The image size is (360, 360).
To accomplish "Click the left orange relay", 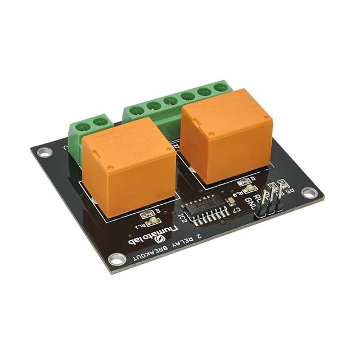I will (128, 167).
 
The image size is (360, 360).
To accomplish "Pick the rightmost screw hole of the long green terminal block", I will (219, 89).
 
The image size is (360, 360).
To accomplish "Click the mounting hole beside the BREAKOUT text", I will (117, 259).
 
